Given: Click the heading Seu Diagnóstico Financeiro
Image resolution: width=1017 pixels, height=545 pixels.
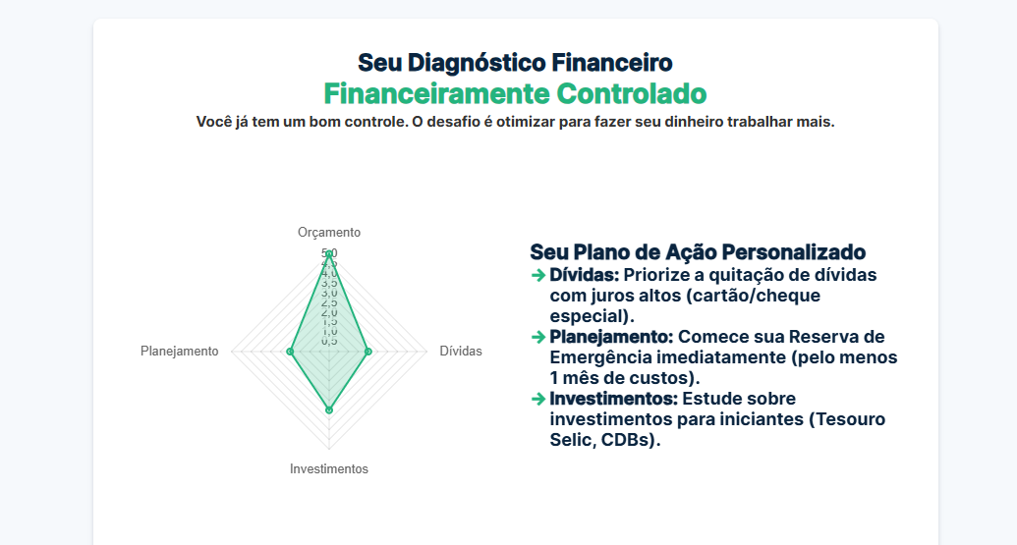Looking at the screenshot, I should point(515,63).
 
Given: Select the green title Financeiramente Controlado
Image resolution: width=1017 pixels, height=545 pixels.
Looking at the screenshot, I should point(515,94).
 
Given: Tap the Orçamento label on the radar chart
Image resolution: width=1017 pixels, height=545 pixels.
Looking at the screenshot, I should point(329,233).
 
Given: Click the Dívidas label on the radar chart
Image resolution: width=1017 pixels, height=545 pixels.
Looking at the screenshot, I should point(461,352).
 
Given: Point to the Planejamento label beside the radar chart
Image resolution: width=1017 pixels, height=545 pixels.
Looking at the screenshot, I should point(180,352).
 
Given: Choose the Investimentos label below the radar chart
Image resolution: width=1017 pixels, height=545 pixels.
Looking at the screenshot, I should point(329,469).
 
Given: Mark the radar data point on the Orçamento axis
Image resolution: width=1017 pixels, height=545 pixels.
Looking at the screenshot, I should point(329,254).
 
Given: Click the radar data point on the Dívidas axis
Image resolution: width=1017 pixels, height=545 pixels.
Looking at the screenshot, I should point(367,351).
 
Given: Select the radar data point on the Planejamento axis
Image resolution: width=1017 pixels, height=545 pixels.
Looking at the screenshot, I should point(290,351).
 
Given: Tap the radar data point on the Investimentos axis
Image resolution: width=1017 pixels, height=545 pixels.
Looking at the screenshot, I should point(329,409).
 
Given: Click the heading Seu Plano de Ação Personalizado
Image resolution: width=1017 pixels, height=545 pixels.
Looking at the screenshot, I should point(698,252).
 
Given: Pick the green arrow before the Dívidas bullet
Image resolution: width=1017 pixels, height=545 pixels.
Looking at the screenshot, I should point(537,275).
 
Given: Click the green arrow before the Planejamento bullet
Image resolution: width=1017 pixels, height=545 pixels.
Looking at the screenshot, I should point(537,337).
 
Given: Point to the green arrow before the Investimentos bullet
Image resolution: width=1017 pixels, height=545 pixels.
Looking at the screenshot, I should point(537,399).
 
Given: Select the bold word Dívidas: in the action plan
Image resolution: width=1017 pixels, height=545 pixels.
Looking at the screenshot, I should point(584,275).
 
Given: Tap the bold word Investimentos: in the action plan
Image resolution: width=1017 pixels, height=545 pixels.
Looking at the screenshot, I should point(613,399).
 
